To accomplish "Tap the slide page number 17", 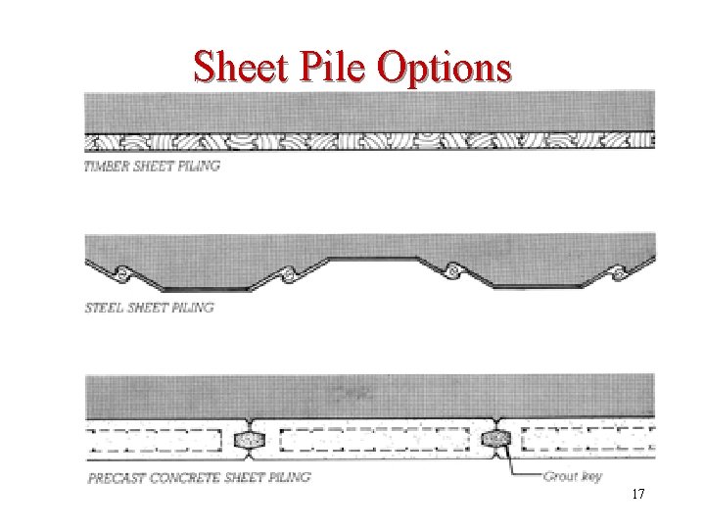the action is point(637,495).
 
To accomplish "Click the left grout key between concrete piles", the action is point(251,439).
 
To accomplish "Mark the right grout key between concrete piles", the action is point(497,439).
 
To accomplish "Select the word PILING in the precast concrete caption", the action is point(286,477).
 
